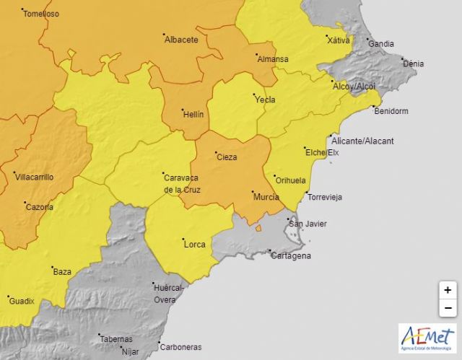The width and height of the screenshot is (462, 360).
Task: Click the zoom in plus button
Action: tap(448, 290)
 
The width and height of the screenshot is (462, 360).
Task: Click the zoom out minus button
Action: tap(448, 308)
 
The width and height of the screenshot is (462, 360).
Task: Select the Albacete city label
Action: tap(181, 40)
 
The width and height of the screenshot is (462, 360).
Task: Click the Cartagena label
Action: tap(290, 255)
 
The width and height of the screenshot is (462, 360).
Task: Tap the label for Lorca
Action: tap(195, 245)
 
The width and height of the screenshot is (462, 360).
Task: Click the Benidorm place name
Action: tap(391, 111)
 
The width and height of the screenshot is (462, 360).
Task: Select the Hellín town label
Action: tap(193, 114)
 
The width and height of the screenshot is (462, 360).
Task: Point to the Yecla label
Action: tap(265, 100)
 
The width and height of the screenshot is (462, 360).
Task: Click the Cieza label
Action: tap(227, 157)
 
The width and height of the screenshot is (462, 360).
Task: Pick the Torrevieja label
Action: tap(325, 197)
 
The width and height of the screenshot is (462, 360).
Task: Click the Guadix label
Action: tap(22, 301)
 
